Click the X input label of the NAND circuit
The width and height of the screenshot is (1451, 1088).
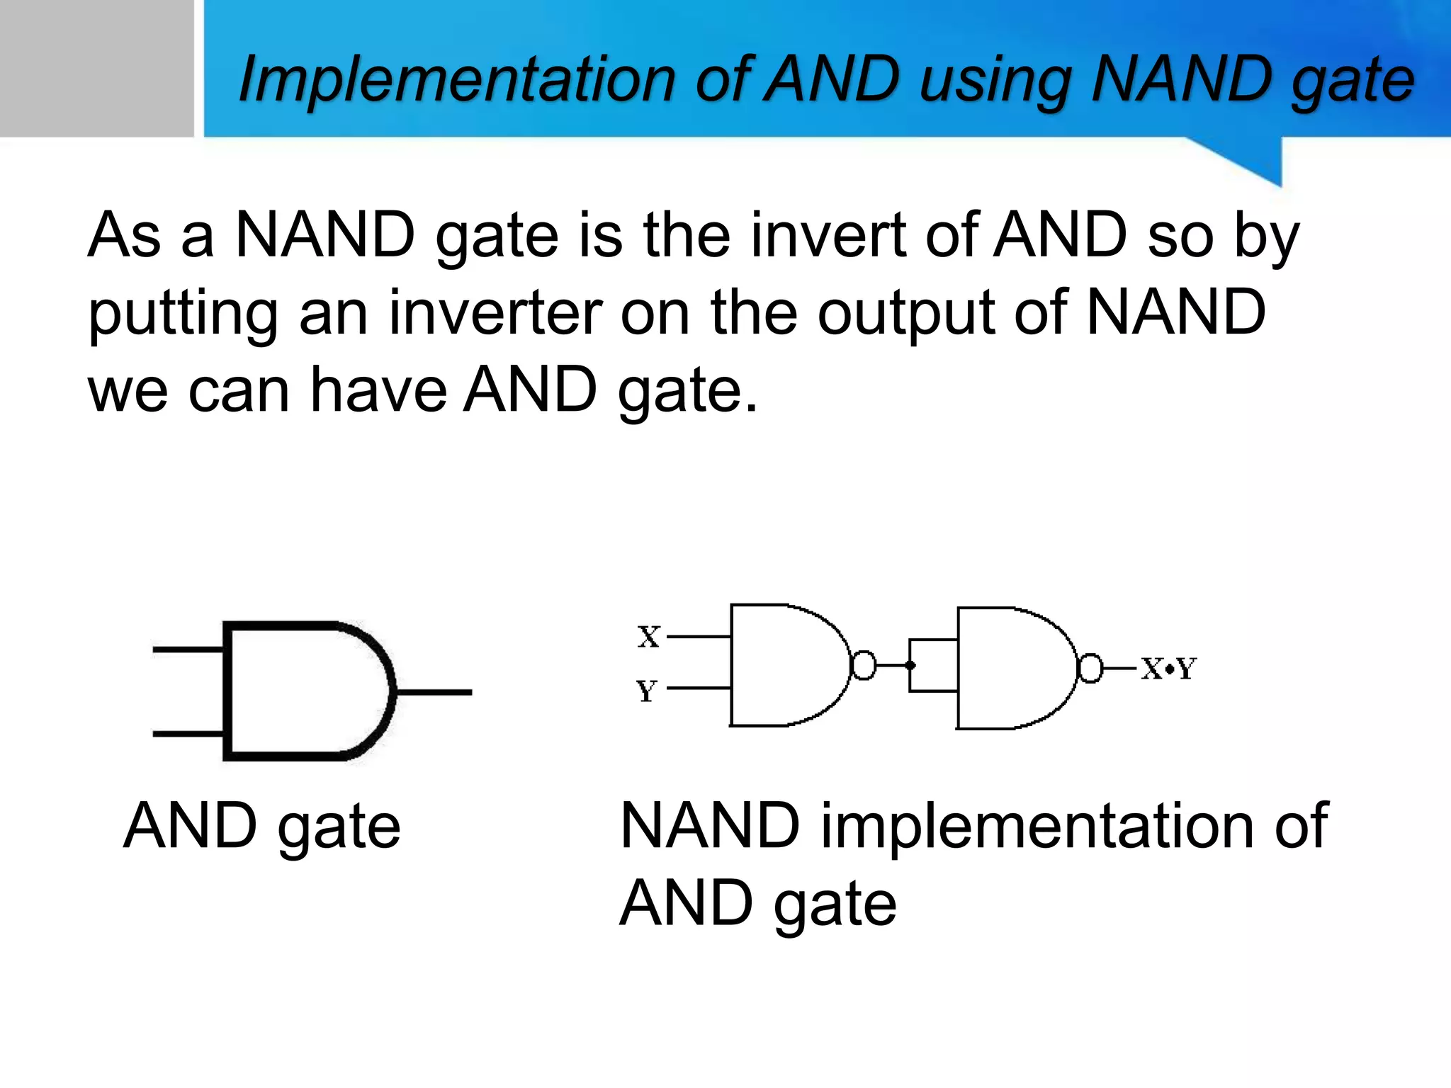[x=648, y=636]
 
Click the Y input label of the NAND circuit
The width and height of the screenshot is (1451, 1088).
[x=646, y=690]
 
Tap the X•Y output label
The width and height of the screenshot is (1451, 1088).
[x=1168, y=668]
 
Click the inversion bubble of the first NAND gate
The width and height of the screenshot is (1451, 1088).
[x=863, y=665]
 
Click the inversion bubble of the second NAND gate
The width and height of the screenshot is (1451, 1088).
[x=1090, y=668]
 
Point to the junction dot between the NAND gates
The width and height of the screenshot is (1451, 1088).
[x=910, y=665]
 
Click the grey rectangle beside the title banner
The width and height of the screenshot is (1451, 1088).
[x=96, y=68]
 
